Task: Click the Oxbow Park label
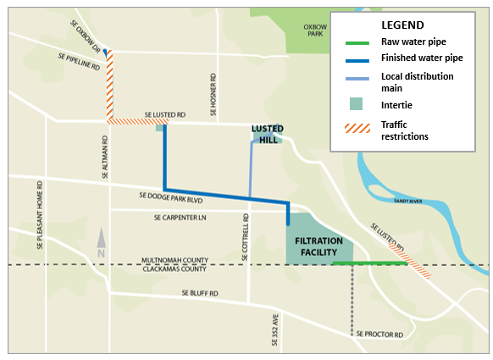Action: [x=315, y=30]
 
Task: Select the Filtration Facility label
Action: [x=319, y=246]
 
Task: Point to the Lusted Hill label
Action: [x=267, y=134]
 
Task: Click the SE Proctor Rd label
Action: [x=379, y=335]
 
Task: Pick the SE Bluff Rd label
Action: [x=199, y=293]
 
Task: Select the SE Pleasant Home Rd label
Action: [x=40, y=216]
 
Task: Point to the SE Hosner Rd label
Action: [x=213, y=85]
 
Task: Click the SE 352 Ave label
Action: [x=274, y=330]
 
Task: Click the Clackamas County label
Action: [x=180, y=269]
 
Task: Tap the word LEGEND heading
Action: [x=405, y=25]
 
